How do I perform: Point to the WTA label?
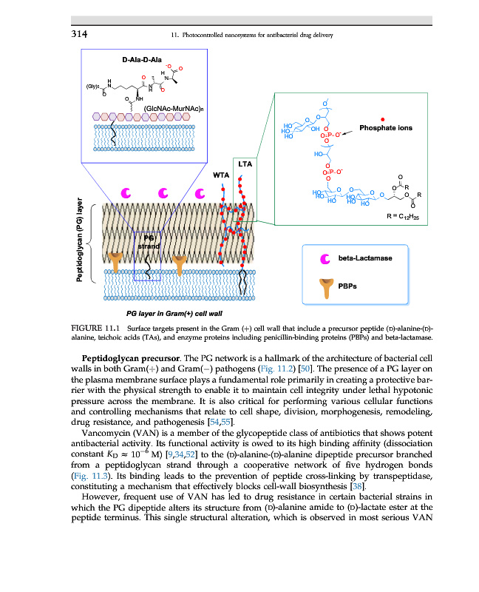[x=221, y=175]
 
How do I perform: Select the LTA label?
[x=243, y=164]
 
